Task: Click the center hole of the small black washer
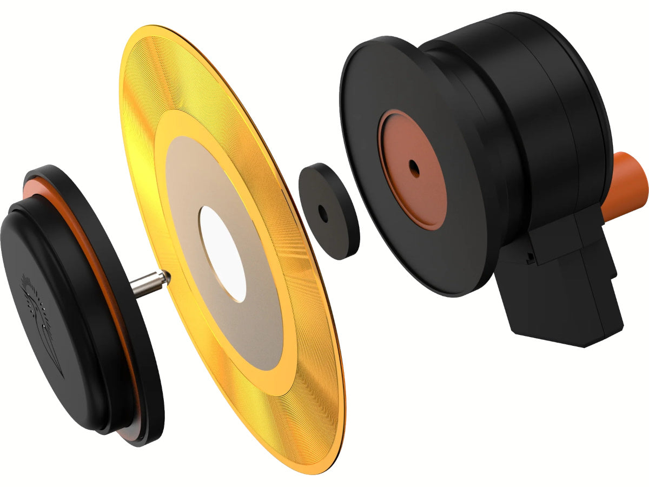tap(323, 213)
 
